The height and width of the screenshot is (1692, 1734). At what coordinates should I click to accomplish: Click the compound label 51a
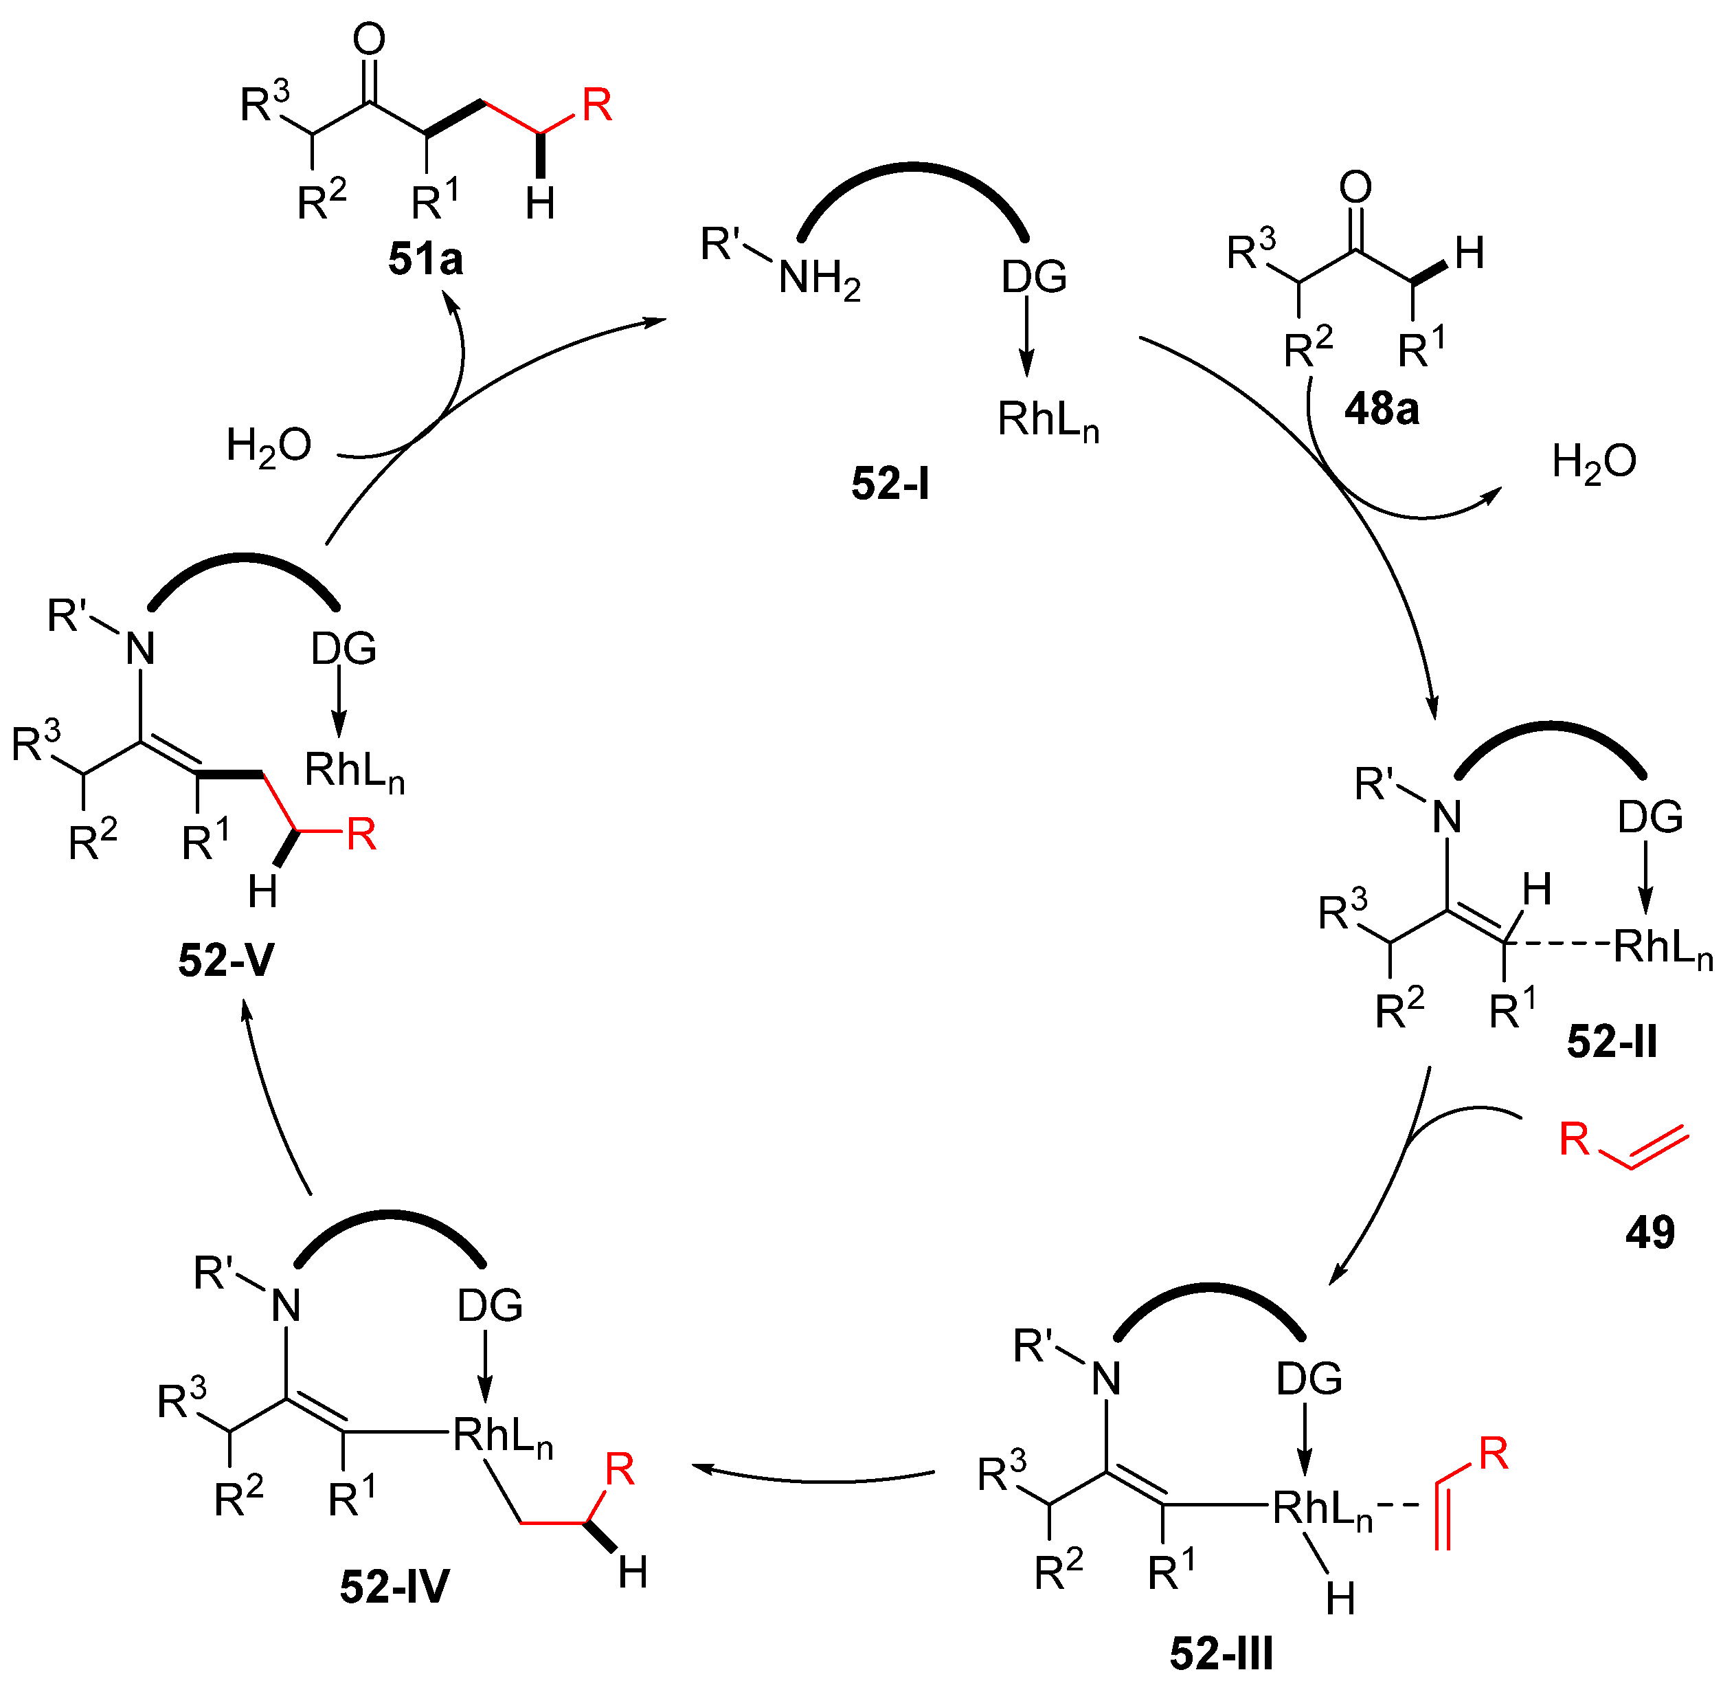pos(425,260)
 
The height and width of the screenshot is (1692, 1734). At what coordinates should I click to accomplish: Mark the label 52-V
pos(225,961)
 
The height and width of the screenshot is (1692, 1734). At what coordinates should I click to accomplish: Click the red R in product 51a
pos(597,106)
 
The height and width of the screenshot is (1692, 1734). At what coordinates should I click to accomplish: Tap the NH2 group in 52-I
pos(819,279)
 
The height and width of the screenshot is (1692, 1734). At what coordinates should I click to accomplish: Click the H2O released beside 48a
pos(1595,462)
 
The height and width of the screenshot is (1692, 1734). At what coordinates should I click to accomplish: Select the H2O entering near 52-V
pos(268,445)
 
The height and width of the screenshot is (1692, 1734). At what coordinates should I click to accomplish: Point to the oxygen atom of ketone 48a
pos(1355,188)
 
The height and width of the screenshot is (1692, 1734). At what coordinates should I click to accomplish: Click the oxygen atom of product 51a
pos(369,39)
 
